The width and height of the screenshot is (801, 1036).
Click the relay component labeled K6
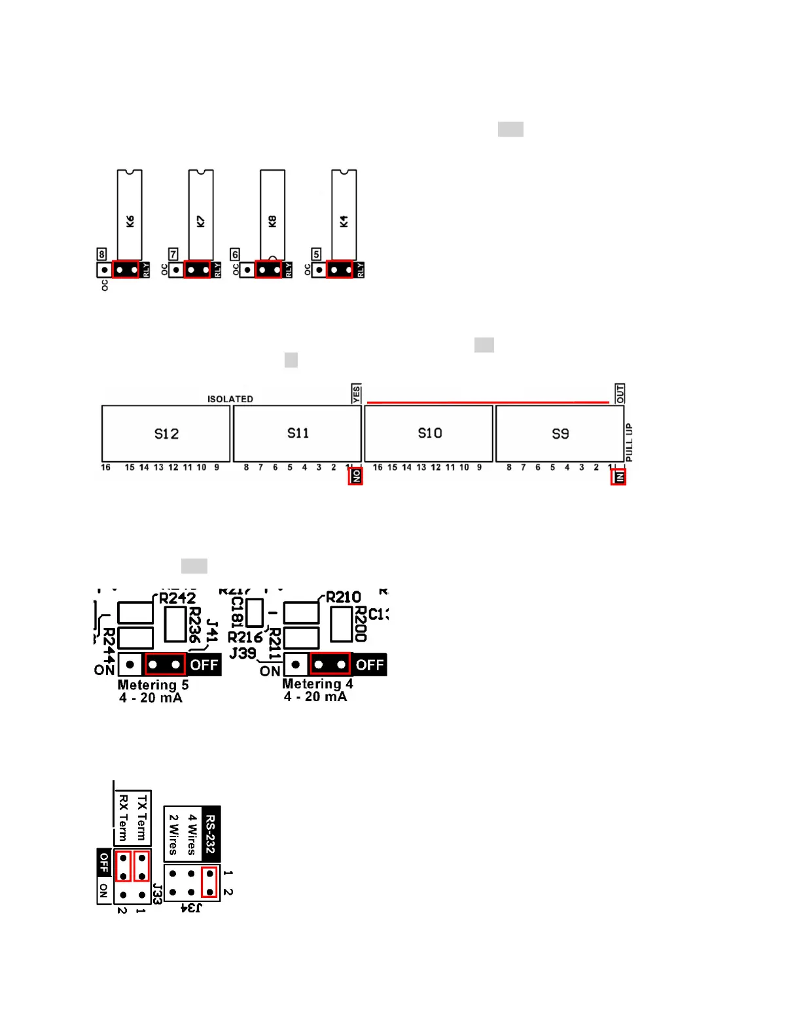pos(130,215)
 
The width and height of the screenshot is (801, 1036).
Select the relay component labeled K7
pos(201,215)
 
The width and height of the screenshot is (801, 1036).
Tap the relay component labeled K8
pos(272,215)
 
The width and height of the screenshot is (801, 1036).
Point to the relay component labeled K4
pos(344,215)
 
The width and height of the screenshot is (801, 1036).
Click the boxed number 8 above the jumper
pos(101,254)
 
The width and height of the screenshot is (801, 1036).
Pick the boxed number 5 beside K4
pos(316,254)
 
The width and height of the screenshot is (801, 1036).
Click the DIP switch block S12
pos(166,434)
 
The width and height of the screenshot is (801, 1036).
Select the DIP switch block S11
pos(298,434)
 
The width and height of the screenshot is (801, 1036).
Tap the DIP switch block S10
pos(429,434)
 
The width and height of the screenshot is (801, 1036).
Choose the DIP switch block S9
pos(560,434)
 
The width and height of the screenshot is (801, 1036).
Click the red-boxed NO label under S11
pos(356,476)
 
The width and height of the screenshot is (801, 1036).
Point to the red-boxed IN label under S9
pos(618,477)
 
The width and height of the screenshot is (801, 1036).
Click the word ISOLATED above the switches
pos(230,399)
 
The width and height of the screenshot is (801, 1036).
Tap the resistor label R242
pos(177,598)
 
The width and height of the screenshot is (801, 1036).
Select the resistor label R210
pos(343,597)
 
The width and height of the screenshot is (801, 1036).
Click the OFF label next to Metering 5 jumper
pos(204,665)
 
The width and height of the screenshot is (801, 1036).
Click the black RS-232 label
pos(210,834)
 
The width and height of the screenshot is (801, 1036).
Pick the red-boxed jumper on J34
pos(209,882)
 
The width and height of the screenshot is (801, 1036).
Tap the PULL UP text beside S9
pos(629,442)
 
